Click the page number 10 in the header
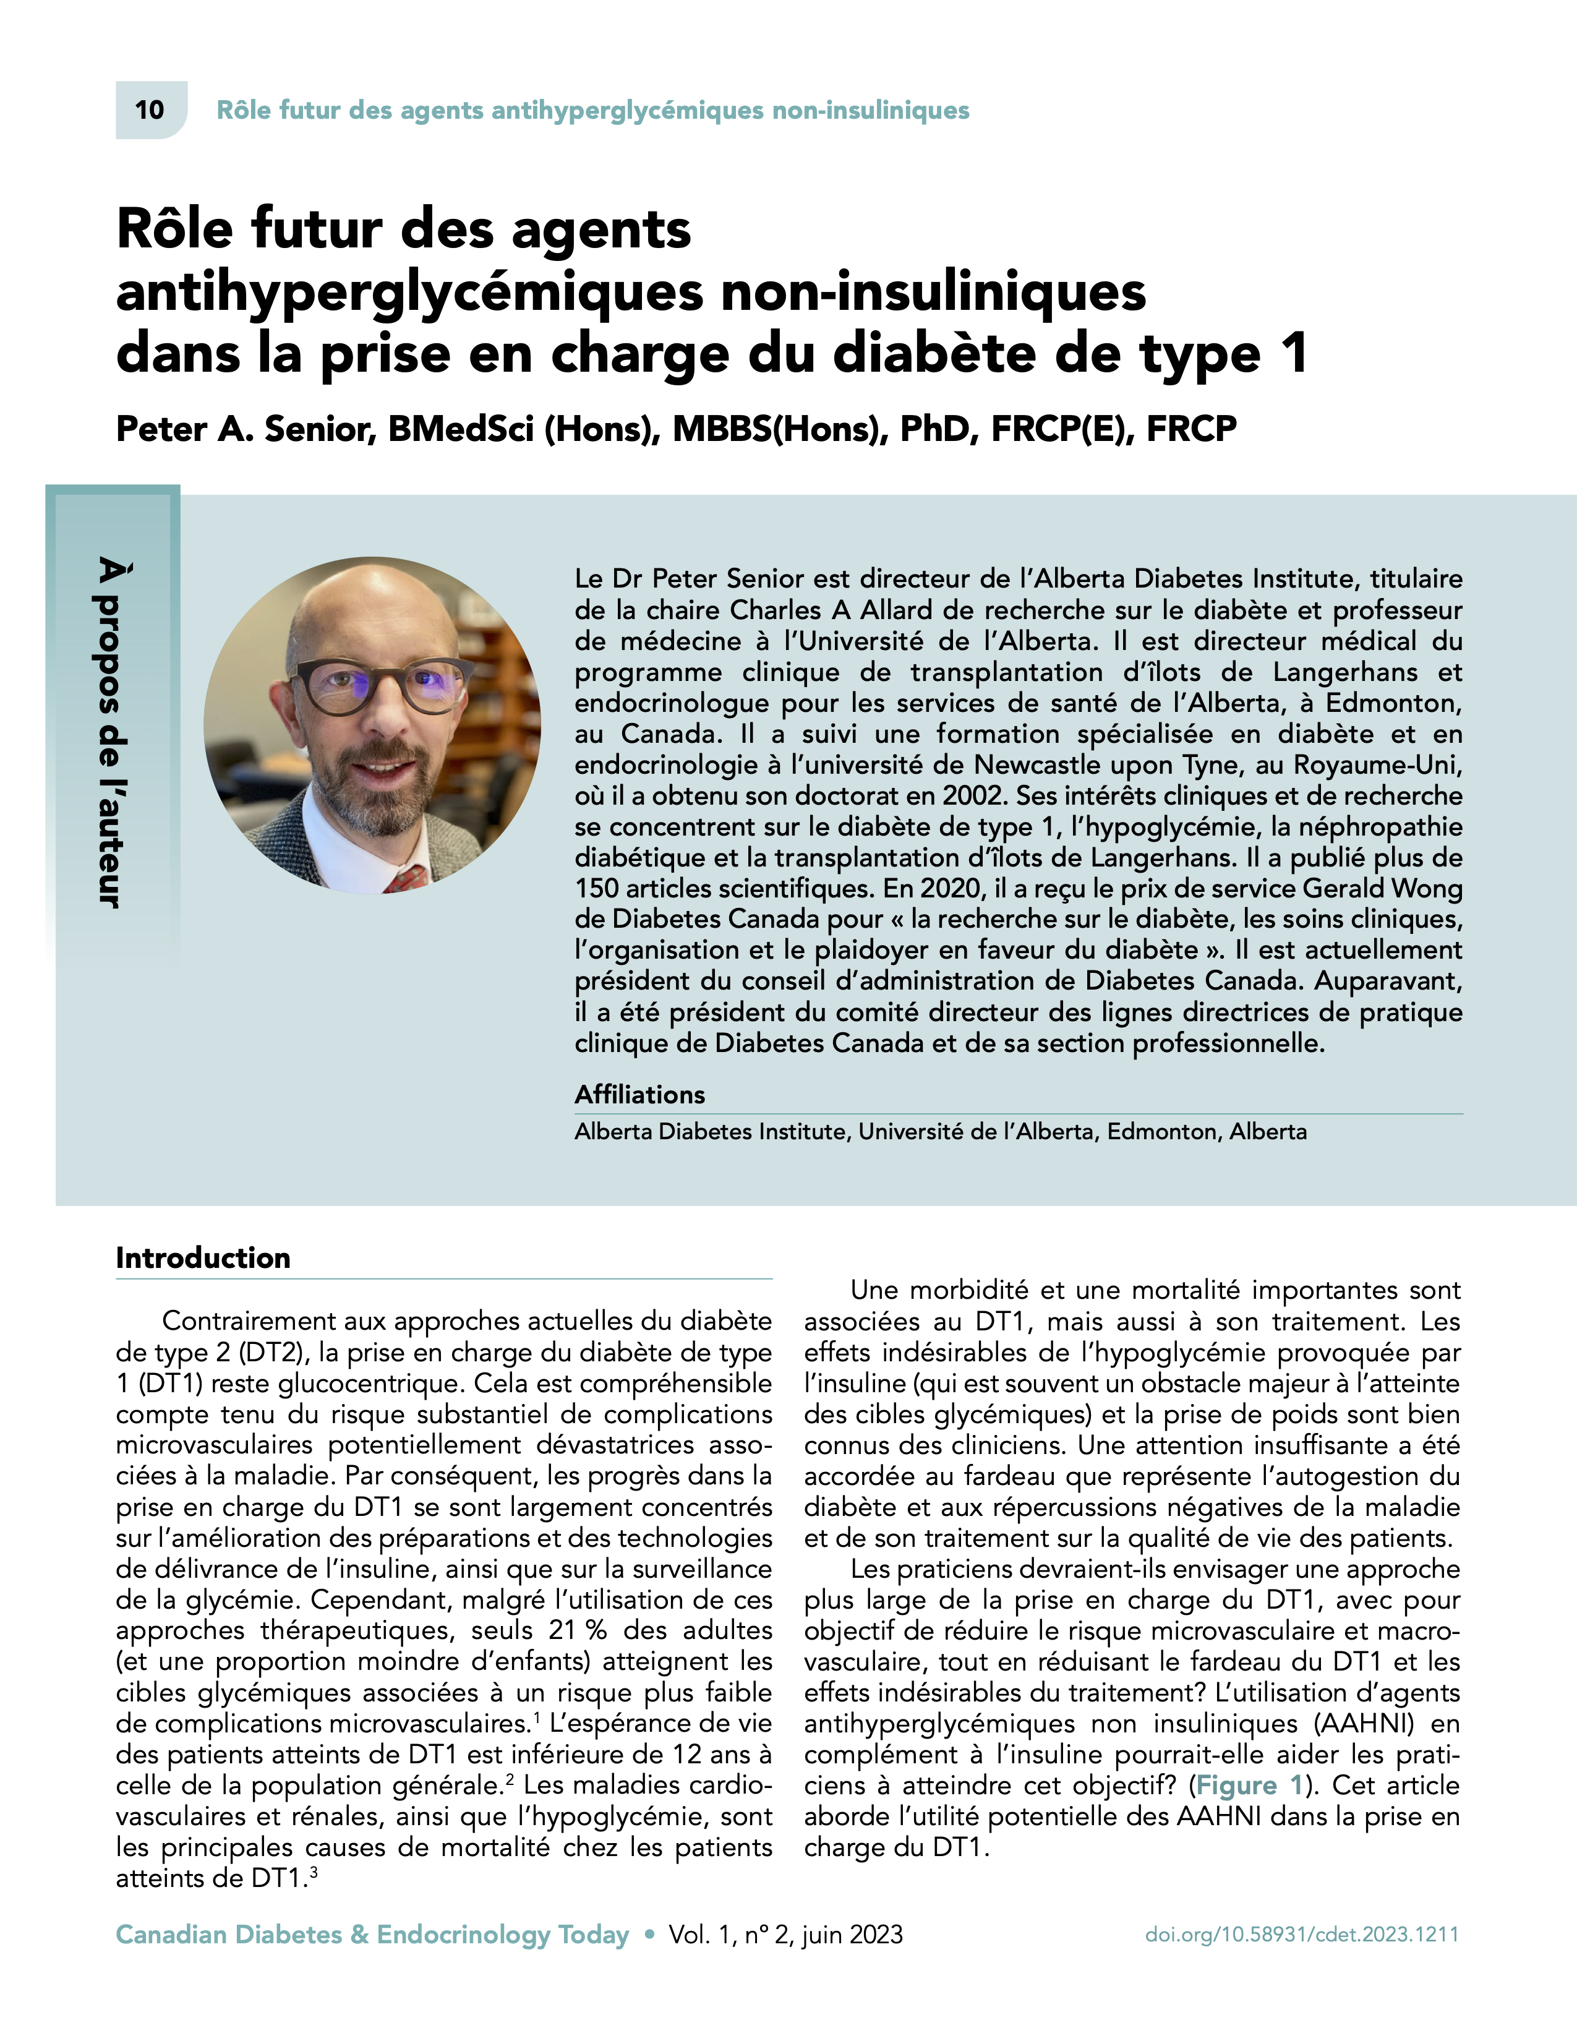point(150,110)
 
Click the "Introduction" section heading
point(203,1258)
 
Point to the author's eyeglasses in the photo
point(379,682)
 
